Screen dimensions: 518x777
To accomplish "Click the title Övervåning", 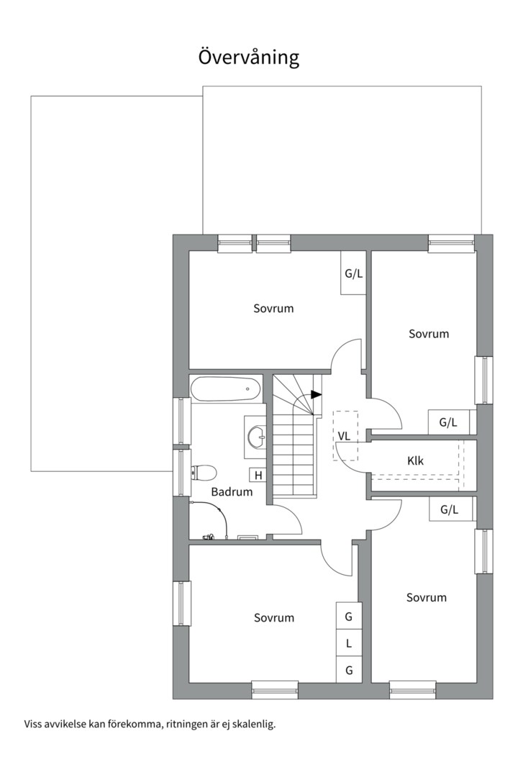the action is (249, 57).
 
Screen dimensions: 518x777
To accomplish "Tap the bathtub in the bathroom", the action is (225, 389).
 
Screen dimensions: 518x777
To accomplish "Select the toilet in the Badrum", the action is (202, 472).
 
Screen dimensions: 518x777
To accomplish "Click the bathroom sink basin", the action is (258, 437).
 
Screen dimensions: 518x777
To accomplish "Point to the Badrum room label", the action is (232, 492).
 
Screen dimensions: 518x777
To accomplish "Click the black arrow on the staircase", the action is (317, 395).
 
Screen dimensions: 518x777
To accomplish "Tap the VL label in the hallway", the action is (344, 436).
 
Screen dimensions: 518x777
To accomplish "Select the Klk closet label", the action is (415, 461).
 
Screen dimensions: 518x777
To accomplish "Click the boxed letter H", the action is (258, 476).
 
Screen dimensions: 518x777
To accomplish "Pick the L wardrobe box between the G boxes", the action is (349, 644).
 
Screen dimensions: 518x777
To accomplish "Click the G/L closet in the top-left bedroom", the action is (353, 273).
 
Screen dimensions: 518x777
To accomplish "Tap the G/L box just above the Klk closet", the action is (449, 423).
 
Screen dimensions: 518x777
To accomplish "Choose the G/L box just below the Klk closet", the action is (450, 509).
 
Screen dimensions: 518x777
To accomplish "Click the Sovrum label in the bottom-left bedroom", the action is (274, 618).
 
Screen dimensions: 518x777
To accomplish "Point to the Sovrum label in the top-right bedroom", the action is (429, 334).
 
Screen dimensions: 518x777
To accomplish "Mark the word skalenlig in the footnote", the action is (254, 724).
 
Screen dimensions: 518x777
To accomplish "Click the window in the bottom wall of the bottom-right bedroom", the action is (412, 690).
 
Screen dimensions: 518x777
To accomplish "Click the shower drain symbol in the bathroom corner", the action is (247, 537).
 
